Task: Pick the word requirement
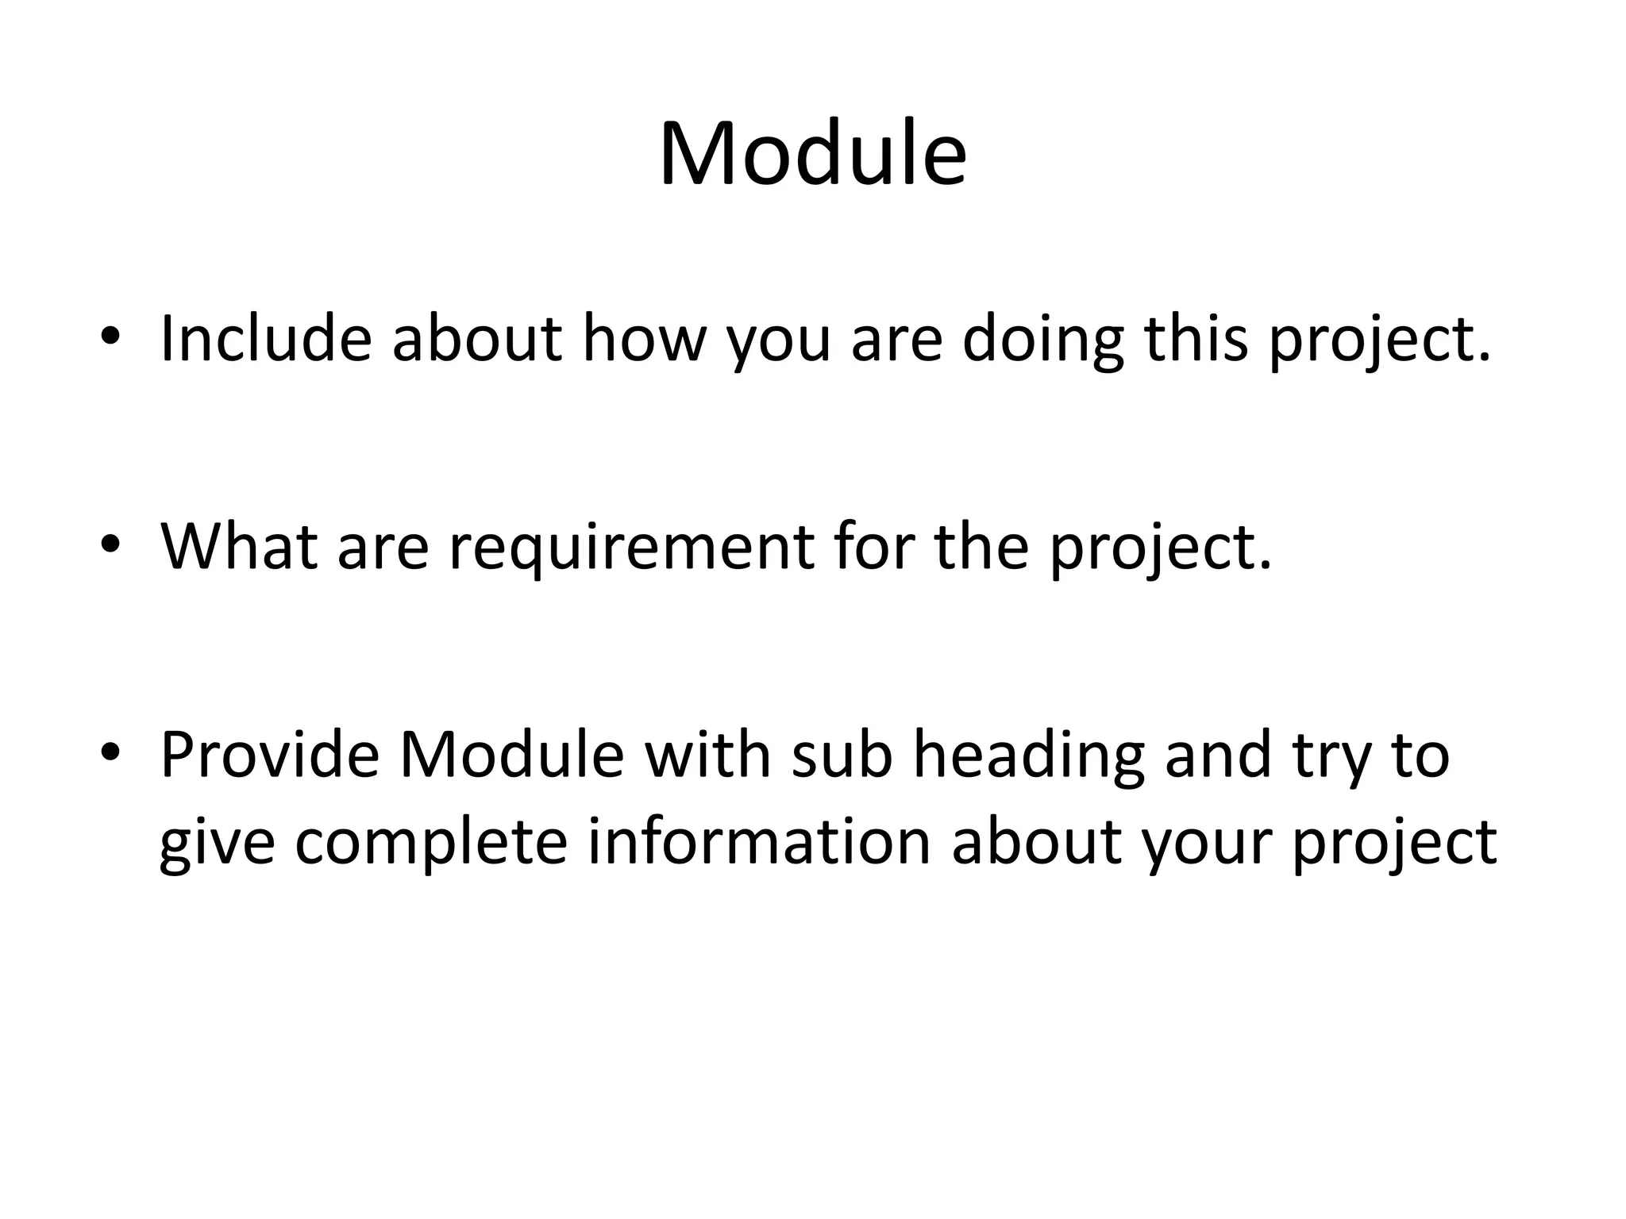click(x=632, y=548)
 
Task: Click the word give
click(x=217, y=843)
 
